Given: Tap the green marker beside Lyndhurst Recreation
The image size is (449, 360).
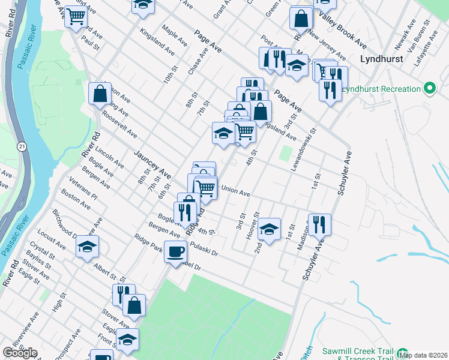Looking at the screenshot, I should click(429, 89).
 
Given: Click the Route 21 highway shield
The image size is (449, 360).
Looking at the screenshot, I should click(22, 146).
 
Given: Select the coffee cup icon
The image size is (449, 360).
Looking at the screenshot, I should click(175, 251).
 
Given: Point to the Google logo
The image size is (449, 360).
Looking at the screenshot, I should click(20, 353).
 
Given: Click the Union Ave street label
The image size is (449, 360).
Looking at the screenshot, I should click(235, 191).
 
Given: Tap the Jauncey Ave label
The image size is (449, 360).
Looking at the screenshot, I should click(152, 164).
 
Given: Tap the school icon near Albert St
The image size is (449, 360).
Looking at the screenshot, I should click(87, 247).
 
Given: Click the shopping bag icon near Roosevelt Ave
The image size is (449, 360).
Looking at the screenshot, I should click(100, 94).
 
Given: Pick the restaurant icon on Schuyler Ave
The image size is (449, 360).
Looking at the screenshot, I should click(319, 225).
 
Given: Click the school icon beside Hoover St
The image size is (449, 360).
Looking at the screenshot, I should click(270, 229).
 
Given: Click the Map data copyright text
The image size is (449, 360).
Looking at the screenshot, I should click(423, 355).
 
